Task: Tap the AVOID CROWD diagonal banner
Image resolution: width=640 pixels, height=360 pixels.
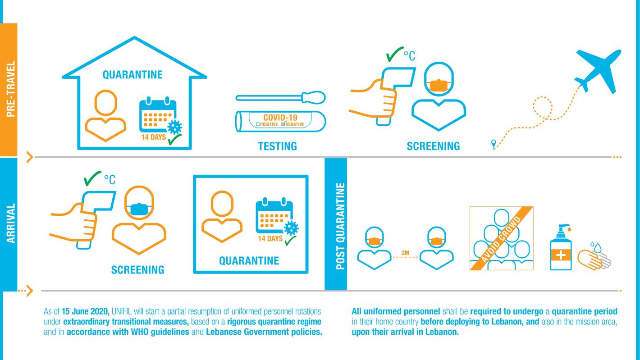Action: (502, 238)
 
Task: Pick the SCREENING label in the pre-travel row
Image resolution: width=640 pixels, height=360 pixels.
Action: (433, 146)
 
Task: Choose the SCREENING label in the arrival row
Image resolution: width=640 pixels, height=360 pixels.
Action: (137, 269)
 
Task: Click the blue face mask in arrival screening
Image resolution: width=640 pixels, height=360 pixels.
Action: (139, 209)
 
